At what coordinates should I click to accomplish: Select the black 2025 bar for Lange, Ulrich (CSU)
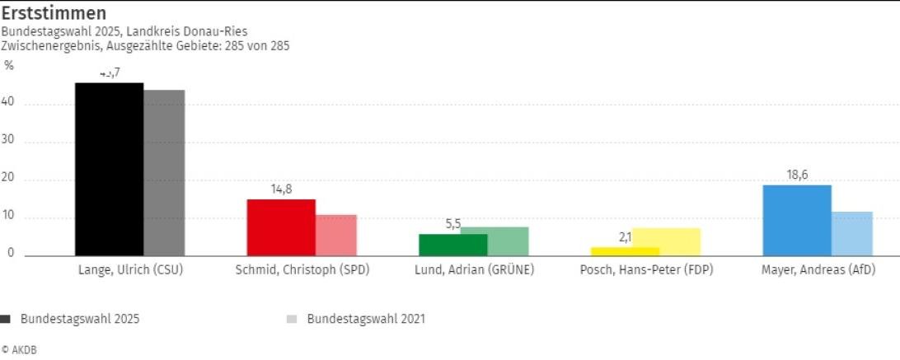click(x=109, y=169)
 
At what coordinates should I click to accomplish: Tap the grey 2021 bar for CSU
click(x=165, y=173)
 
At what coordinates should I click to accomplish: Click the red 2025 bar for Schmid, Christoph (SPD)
click(x=281, y=227)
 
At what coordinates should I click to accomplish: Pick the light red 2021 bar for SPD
click(x=336, y=236)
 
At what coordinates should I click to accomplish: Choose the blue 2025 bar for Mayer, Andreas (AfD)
click(x=797, y=220)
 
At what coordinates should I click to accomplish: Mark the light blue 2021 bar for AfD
click(x=852, y=234)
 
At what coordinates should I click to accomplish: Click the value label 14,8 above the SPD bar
click(x=281, y=189)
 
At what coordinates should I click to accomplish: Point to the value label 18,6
click(x=797, y=175)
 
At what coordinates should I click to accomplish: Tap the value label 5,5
click(x=452, y=223)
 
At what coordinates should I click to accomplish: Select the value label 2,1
click(x=625, y=237)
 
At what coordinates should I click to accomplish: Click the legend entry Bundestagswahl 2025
click(x=79, y=319)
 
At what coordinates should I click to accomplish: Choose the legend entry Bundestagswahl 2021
click(x=366, y=319)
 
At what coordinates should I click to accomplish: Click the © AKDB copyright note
click(x=19, y=350)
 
